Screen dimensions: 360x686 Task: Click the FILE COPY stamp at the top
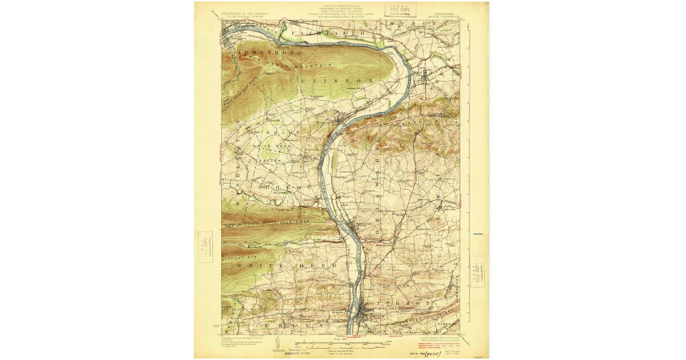pos(400,9)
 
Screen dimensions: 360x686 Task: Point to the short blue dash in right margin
pos(478,234)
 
